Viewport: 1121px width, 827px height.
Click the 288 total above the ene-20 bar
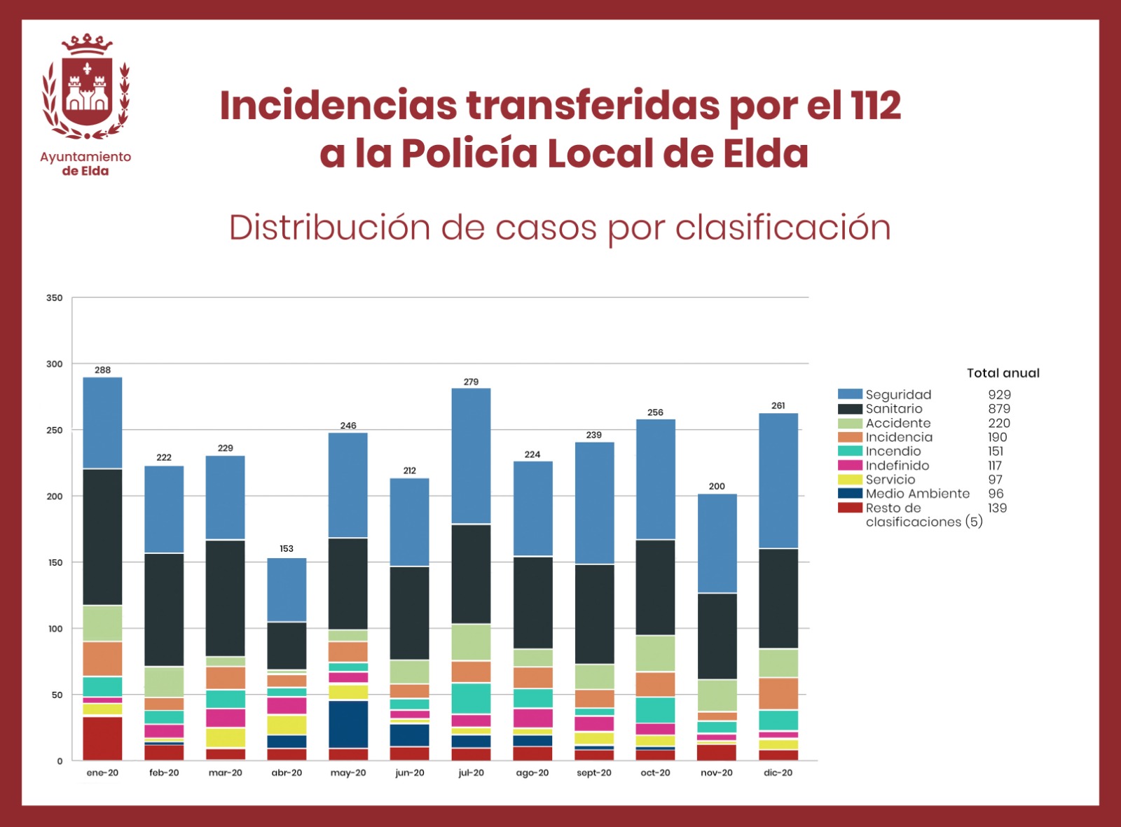(x=102, y=370)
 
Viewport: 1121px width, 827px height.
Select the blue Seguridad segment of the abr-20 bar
(x=287, y=590)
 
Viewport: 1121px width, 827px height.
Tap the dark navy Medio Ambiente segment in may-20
(x=348, y=724)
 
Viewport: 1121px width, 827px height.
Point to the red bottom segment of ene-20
(x=102, y=738)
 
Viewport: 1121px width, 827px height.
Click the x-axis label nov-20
(x=717, y=773)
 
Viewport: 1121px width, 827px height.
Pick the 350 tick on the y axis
(x=55, y=298)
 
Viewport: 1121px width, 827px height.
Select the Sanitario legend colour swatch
(x=850, y=409)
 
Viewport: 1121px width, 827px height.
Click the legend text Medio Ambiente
(x=917, y=494)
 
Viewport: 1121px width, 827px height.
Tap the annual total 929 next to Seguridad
(x=999, y=395)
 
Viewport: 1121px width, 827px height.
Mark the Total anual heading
(x=1003, y=373)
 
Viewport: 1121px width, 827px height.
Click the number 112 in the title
(x=876, y=106)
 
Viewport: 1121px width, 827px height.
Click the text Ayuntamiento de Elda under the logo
(x=85, y=164)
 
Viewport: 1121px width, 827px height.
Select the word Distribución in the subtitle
(x=329, y=228)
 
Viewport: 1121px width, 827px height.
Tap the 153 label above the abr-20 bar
(x=287, y=548)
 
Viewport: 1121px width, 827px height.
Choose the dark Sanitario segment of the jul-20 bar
(x=471, y=574)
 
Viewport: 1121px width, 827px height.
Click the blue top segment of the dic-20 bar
(x=778, y=480)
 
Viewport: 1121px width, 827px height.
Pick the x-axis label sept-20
(x=593, y=773)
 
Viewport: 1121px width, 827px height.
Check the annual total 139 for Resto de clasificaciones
(x=997, y=508)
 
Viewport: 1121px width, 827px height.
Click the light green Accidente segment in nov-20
(x=717, y=695)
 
